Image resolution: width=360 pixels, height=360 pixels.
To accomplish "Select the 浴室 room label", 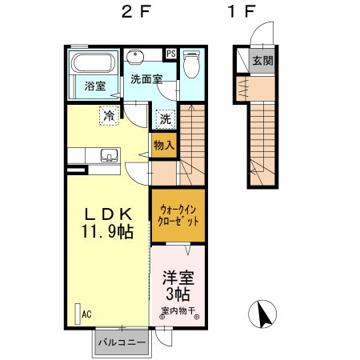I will point(97,85).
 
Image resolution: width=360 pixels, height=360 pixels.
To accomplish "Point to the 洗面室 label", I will point(147,80).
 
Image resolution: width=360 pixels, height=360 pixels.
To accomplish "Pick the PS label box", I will point(171,54).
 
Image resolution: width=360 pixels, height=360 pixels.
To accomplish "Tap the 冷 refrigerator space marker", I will point(109,115).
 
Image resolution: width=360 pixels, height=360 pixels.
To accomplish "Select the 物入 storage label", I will point(164,145).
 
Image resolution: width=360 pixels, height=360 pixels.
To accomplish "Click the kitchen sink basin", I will point(106,155).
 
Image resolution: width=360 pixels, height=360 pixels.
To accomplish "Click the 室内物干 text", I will point(179,312).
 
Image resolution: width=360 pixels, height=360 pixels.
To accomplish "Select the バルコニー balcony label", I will point(121,342).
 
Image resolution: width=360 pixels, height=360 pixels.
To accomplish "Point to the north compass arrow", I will point(262,314).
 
